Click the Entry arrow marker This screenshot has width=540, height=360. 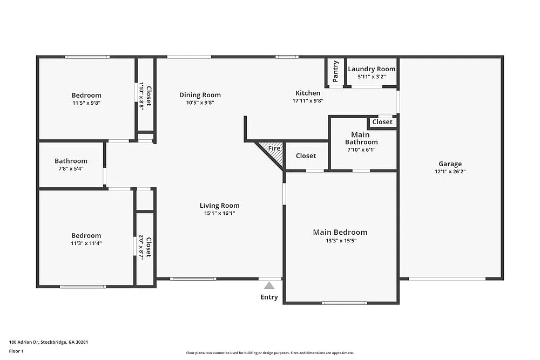pyautogui.click(x=269, y=286)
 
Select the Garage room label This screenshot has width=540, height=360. pyautogui.click(x=450, y=164)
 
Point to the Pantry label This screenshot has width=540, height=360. pyautogui.click(x=336, y=72)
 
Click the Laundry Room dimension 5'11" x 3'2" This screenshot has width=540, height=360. pyautogui.click(x=372, y=77)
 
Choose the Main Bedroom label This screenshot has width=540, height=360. pyautogui.click(x=340, y=232)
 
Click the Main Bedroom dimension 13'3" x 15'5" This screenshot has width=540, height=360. pyautogui.click(x=340, y=241)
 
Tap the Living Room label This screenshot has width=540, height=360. pyautogui.click(x=219, y=205)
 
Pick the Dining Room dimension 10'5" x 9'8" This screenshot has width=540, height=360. pyautogui.click(x=200, y=103)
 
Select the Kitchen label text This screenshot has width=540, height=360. pyautogui.click(x=307, y=93)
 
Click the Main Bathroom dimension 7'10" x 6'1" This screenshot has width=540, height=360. pyautogui.click(x=361, y=150)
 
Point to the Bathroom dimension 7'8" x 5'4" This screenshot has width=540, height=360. pyautogui.click(x=71, y=168)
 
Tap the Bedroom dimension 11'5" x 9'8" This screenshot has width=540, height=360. pyautogui.click(x=86, y=103)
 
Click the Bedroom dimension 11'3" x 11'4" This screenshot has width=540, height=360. pyautogui.click(x=86, y=243)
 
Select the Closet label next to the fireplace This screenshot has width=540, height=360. pyautogui.click(x=306, y=155)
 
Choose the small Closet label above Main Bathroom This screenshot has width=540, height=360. pyautogui.click(x=382, y=122)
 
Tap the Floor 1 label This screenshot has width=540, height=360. pyautogui.click(x=16, y=351)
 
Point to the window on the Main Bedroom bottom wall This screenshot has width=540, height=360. pyautogui.click(x=344, y=303)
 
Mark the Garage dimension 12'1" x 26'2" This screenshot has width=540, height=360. pyautogui.click(x=450, y=172)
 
